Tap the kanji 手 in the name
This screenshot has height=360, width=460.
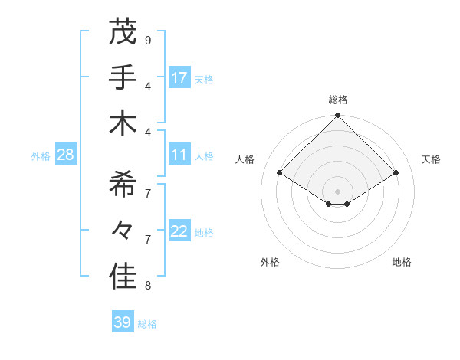click(123, 77)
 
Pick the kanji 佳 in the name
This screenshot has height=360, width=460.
click(123, 277)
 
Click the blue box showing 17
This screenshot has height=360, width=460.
click(179, 77)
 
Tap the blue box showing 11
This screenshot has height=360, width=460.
click(179, 155)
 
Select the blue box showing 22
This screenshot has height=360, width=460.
click(179, 231)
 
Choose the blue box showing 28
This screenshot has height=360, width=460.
click(66, 155)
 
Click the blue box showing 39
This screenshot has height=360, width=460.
click(122, 322)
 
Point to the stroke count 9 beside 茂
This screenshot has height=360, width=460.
click(147, 40)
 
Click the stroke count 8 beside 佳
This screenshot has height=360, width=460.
click(147, 286)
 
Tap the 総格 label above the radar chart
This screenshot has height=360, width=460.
click(338, 100)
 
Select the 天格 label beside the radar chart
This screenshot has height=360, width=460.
click(432, 159)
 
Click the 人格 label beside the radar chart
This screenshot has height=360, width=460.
click(245, 159)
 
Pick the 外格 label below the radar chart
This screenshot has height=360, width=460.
click(270, 262)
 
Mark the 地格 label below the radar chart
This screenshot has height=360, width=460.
click(402, 262)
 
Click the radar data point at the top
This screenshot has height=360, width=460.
click(338, 116)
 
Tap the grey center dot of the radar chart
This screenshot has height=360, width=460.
click(338, 190)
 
